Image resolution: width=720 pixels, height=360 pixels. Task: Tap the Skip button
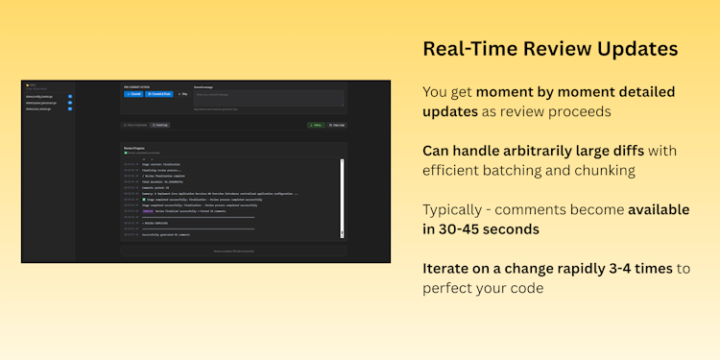tap(181, 94)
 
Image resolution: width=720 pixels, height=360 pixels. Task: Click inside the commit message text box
tap(268, 97)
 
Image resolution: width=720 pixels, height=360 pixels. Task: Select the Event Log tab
tap(159, 125)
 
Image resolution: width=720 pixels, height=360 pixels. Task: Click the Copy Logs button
tap(336, 125)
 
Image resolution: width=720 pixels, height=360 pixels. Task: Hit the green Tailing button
tap(316, 125)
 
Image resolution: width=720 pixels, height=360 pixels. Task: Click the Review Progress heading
tap(134, 149)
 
